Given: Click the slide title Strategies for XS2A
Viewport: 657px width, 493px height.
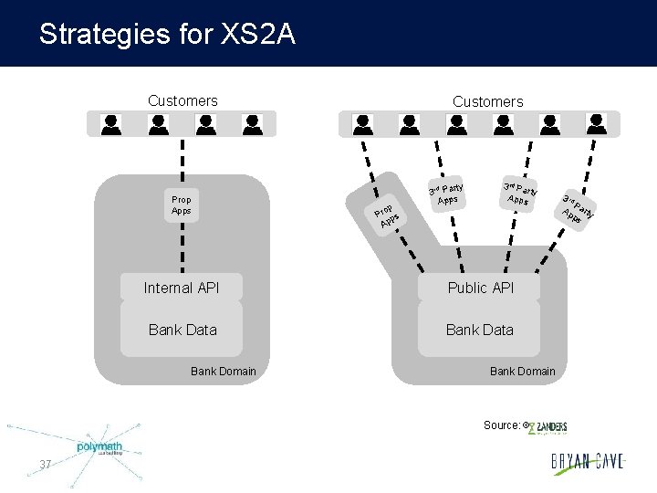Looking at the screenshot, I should point(167,35).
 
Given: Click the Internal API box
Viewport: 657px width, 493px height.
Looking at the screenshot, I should point(182,288).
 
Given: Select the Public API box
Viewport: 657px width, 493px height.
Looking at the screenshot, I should point(480,288).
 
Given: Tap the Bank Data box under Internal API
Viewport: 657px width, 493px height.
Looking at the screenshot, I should point(182,330).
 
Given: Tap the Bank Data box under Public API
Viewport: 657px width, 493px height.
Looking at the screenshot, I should point(480,330).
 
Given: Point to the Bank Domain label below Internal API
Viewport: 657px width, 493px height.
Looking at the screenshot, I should point(224,371).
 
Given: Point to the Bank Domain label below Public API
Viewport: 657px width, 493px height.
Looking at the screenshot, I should point(523,371).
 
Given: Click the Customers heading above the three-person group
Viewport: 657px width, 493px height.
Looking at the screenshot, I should point(182,100).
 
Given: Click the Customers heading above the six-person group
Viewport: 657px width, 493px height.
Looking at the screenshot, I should point(488,101).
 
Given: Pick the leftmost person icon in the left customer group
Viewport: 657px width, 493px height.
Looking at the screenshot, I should point(112,124).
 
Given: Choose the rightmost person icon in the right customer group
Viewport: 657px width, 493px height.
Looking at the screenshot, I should point(597,124).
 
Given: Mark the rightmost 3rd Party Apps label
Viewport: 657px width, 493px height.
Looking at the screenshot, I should point(577,210).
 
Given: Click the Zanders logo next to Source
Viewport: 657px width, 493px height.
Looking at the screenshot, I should point(548,426).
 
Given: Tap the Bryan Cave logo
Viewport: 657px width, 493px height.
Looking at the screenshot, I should point(588,462).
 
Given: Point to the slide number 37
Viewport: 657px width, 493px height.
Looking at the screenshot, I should point(46,466).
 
